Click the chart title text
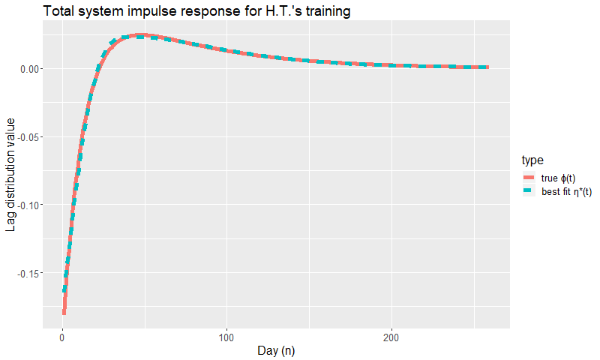196,11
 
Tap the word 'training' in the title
327,11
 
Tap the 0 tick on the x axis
62,337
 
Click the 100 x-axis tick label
226,337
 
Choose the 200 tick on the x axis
391,337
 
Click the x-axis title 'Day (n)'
276,351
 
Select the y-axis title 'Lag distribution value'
10,175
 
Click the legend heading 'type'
532,160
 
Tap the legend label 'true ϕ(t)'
558,178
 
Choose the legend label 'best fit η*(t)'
567,192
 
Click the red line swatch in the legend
529,178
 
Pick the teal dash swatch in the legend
529,190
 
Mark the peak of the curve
141,35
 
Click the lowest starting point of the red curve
64,313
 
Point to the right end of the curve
488,67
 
